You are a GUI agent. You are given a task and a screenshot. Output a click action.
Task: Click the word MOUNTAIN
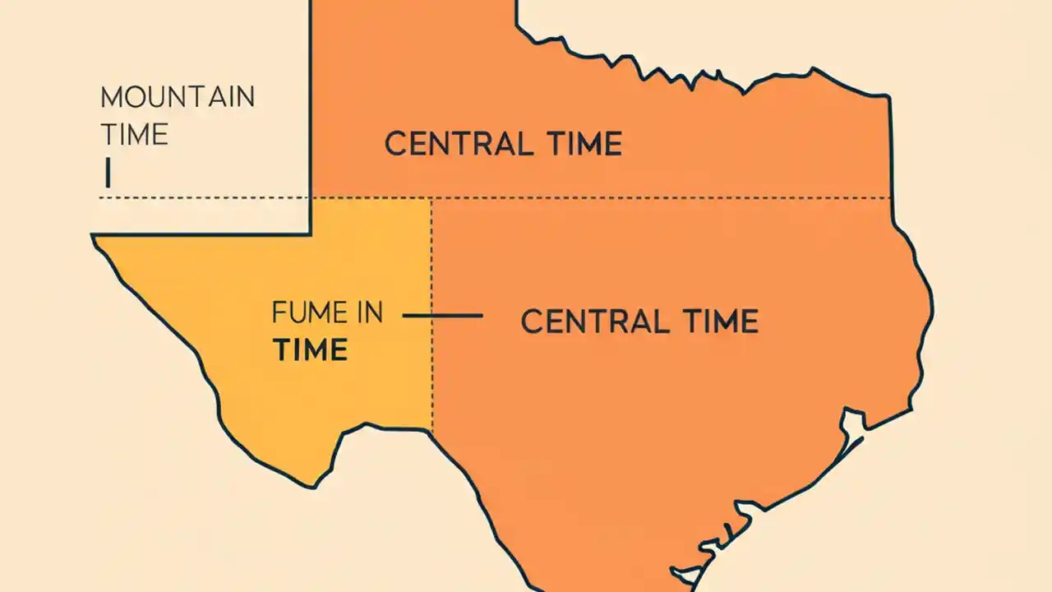(x=178, y=97)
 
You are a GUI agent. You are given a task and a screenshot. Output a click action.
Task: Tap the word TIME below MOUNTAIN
(x=135, y=133)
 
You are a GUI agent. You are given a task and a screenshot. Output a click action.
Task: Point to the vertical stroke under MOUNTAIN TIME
(x=108, y=173)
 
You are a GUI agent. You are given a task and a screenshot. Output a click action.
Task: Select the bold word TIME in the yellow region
(x=311, y=350)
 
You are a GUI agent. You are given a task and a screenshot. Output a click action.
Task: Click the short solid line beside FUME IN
(x=442, y=315)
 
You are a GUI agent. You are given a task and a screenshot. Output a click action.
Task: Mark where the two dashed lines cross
(x=431, y=197)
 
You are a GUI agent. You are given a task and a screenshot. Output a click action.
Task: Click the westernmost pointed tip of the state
(x=93, y=237)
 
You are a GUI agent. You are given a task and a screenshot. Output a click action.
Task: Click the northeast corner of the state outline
(x=888, y=97)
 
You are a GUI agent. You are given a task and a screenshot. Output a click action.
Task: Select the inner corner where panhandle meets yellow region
(x=311, y=234)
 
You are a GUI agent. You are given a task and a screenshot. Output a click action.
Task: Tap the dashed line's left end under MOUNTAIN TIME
(x=101, y=197)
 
